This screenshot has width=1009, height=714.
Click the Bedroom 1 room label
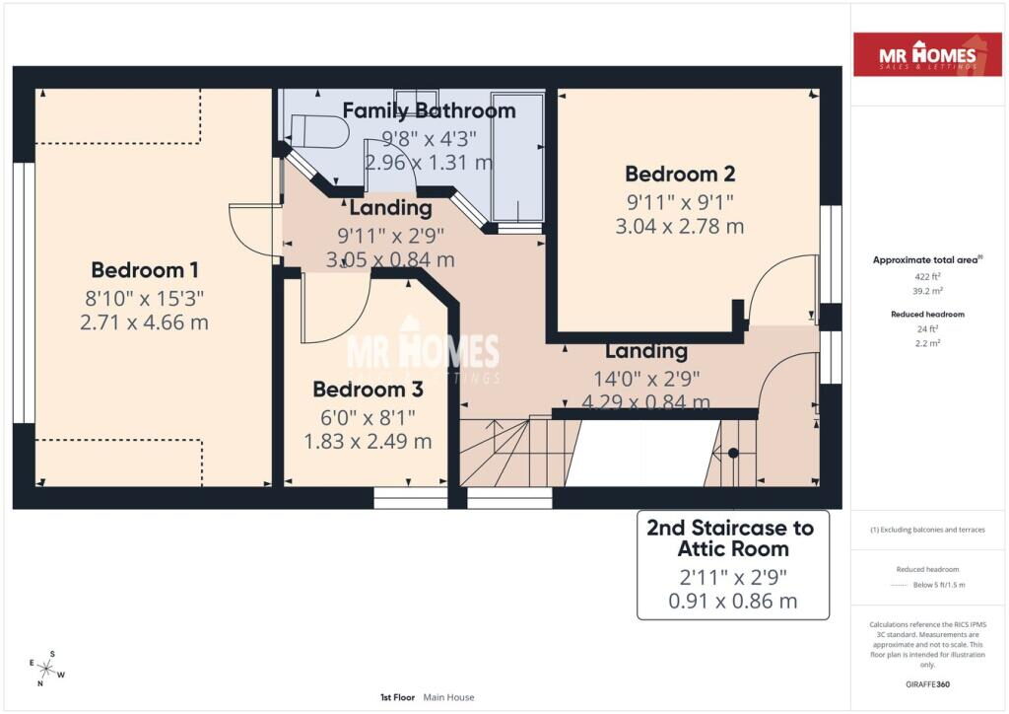[x=144, y=270]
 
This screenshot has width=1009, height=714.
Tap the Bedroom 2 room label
[x=680, y=174]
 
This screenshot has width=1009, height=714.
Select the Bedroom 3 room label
[x=368, y=389]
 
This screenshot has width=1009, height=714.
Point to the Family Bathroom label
[x=429, y=110]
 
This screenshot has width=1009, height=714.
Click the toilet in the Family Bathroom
[x=318, y=131]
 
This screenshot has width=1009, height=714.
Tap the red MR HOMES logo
[x=927, y=54]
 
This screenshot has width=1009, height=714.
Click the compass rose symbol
[x=47, y=669]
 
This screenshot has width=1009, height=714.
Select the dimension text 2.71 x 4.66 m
[x=144, y=321]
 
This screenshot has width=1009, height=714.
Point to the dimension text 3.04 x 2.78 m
[x=680, y=226]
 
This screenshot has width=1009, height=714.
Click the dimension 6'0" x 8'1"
[x=368, y=417]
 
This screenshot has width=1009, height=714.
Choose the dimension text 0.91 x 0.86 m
[x=732, y=601]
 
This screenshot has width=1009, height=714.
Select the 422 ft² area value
[x=927, y=276]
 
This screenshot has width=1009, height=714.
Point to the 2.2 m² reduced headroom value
[x=927, y=343]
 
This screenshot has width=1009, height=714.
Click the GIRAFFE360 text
[x=927, y=684]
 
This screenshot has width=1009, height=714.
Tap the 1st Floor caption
[x=397, y=697]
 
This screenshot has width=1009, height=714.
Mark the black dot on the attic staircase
[x=733, y=454]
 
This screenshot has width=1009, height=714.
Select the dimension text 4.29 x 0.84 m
[x=646, y=402]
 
